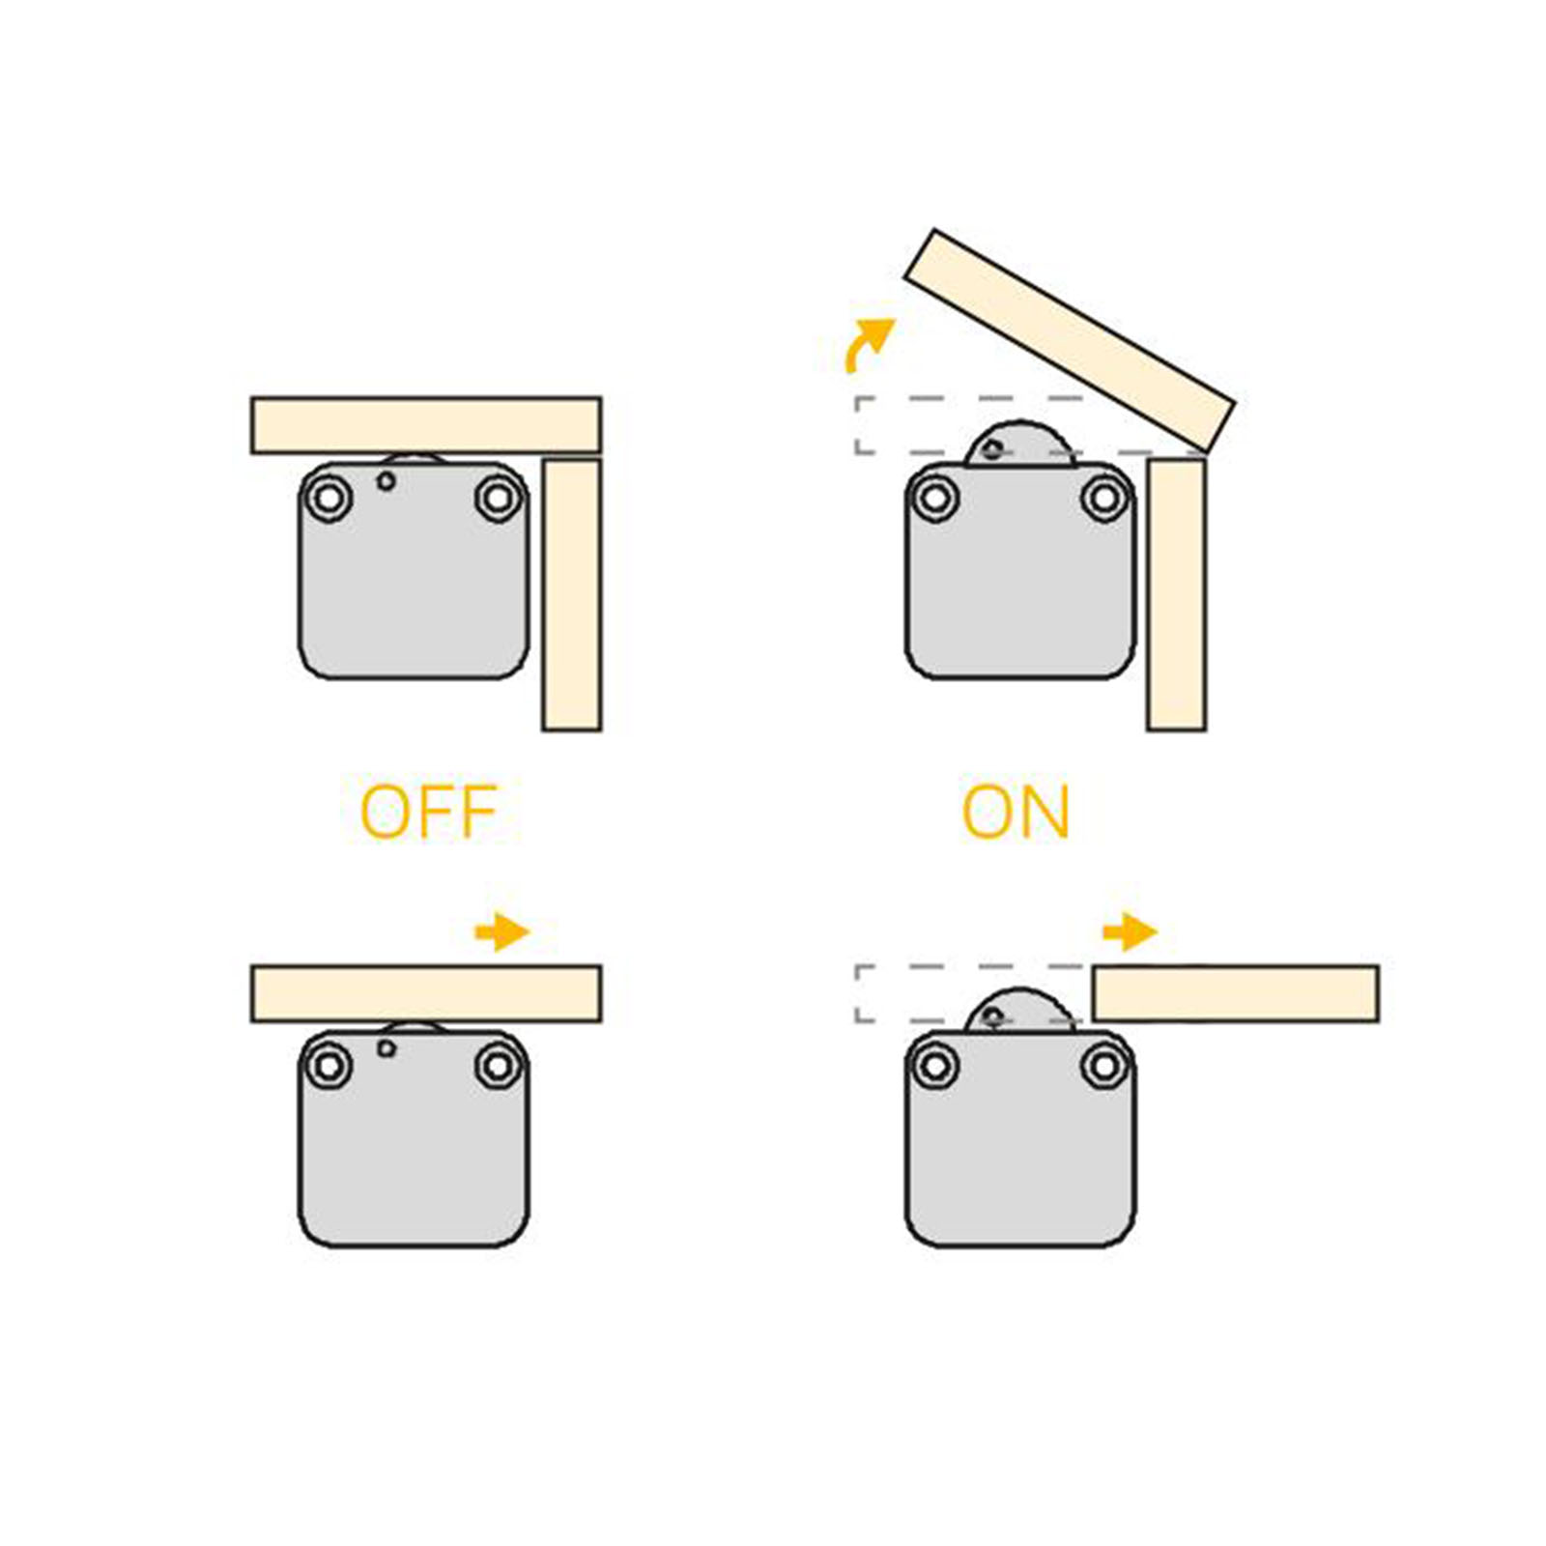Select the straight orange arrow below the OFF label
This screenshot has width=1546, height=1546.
click(x=502, y=931)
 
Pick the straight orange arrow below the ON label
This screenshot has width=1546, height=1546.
click(x=1130, y=931)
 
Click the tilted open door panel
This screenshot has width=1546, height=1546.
click(x=1070, y=339)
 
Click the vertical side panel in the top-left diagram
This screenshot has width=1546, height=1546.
click(x=572, y=594)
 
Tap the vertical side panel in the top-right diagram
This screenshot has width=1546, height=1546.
click(x=1177, y=594)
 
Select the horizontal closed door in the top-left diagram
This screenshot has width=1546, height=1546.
click(x=426, y=424)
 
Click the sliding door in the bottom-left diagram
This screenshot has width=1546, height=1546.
click(x=426, y=993)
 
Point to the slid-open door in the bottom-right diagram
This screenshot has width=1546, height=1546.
click(x=1236, y=993)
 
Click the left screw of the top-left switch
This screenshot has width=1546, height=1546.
click(x=329, y=499)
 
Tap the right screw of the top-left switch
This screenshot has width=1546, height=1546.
click(x=499, y=499)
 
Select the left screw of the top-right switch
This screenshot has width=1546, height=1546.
click(x=934, y=499)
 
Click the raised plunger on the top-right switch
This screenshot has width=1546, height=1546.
click(x=1021, y=445)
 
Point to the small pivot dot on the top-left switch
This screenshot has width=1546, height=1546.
click(x=386, y=480)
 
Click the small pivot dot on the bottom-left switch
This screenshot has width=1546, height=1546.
click(x=386, y=1048)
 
